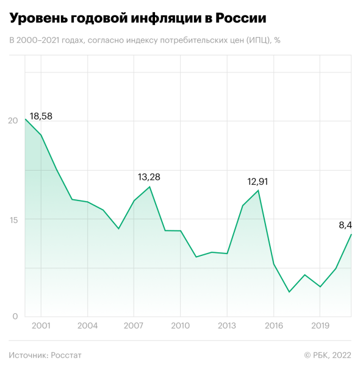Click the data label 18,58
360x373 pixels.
(41, 116)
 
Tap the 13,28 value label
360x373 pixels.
(149, 177)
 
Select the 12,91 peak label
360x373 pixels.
(257, 182)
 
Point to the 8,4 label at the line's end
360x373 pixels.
(345, 226)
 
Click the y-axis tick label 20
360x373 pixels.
(13, 121)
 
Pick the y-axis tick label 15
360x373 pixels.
(13, 220)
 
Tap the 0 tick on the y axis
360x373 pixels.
(15, 316)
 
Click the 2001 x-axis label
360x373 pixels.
(41, 325)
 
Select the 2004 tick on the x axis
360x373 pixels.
(87, 325)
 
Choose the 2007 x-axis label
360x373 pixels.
(134, 325)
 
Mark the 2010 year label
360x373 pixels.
(180, 325)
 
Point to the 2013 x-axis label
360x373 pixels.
(226, 325)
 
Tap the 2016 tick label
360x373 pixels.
(274, 325)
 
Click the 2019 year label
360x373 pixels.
(320, 325)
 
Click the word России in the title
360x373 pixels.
(241, 18)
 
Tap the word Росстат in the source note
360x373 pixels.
(66, 355)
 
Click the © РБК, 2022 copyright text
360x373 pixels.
(328, 355)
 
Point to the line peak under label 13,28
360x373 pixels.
(149, 187)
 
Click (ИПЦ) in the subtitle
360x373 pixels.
(259, 40)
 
